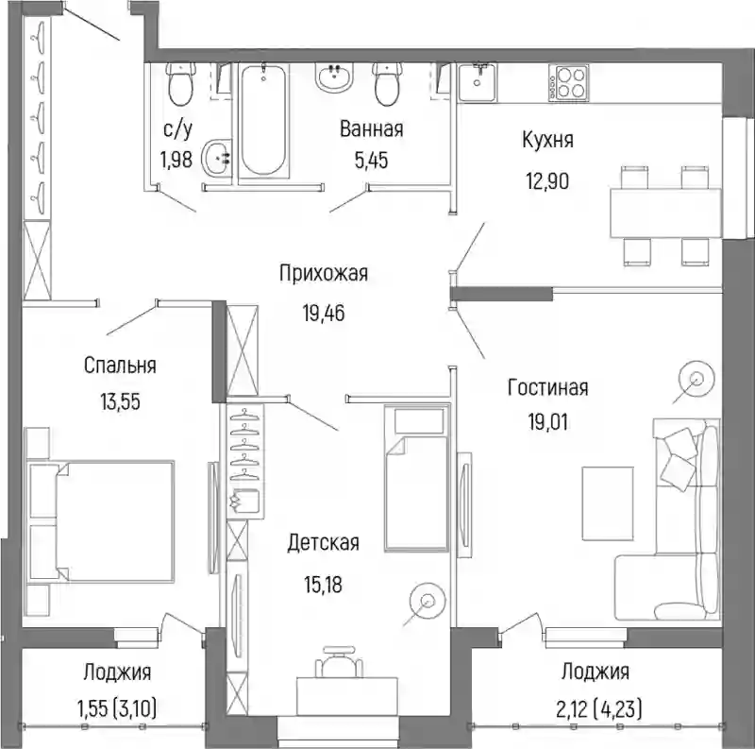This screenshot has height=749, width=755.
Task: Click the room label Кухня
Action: pyautogui.click(x=547, y=140)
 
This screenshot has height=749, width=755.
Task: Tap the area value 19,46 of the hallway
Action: pyautogui.click(x=324, y=314)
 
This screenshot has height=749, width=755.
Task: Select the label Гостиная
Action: pyautogui.click(x=548, y=387)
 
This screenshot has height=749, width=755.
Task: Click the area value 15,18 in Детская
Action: pyautogui.click(x=323, y=585)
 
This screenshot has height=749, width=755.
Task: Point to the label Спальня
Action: pyautogui.click(x=120, y=366)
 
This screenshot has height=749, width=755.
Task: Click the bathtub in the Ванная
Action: pyautogui.click(x=263, y=120)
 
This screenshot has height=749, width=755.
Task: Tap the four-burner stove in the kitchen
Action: pyautogui.click(x=568, y=82)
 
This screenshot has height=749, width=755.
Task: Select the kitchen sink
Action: pyautogui.click(x=477, y=82)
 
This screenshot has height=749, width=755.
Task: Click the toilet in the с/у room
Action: pyautogui.click(x=180, y=84)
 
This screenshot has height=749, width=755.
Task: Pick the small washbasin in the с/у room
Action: pyautogui.click(x=217, y=157)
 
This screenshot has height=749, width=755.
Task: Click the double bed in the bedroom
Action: pyautogui.click(x=101, y=520)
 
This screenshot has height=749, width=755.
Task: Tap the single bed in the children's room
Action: pyautogui.click(x=417, y=478)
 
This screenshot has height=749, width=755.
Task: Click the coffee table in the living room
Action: pyautogui.click(x=608, y=503)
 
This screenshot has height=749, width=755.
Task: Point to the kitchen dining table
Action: pyautogui.click(x=665, y=213)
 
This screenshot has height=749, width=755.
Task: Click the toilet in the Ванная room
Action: pyautogui.click(x=387, y=84)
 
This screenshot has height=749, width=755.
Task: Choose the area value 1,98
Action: pyautogui.click(x=176, y=159)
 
